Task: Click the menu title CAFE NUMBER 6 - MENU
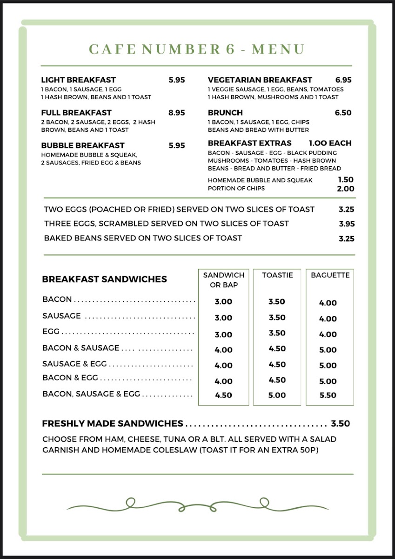pos(196,49)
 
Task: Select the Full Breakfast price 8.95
pos(177,113)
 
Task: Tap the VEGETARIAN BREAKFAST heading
pos(260,80)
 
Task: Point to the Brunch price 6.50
pos(343,113)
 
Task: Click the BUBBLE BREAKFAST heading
pos(83,145)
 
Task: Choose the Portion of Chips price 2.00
pos(346,189)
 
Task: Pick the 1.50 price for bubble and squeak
pos(346,180)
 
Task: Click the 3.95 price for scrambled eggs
pos(347,224)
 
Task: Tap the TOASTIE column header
pos(277,275)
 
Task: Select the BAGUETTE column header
pos(330,275)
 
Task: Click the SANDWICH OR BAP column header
pos(224,280)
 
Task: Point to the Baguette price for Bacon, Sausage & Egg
pos(328,395)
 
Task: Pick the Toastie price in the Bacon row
pos(277,302)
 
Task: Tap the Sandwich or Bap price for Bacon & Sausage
pos(224,350)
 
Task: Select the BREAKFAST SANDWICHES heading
pos(104,279)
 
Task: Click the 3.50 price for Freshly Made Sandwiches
pos(340,424)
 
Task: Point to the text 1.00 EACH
pos(330,143)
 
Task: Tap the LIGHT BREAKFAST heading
pos(78,80)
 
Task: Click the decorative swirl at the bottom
pos(198,505)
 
